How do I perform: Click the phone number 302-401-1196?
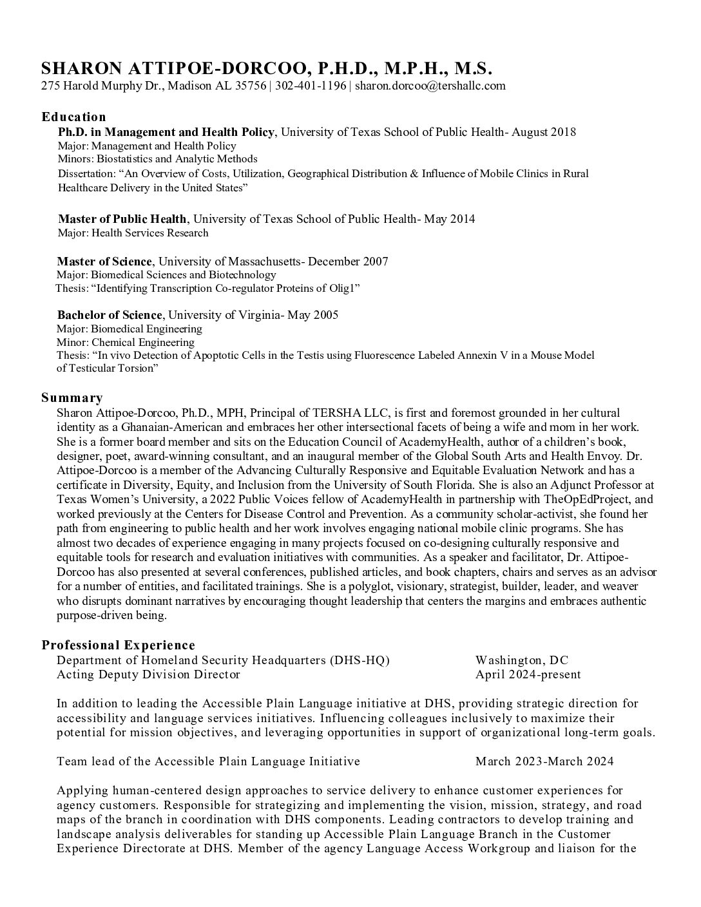[x=310, y=86]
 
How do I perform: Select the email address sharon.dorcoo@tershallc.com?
[x=430, y=86]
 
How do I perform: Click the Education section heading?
[x=73, y=117]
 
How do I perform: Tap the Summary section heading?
[x=72, y=397]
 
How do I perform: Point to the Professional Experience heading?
[x=118, y=645]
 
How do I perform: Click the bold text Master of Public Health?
[x=122, y=219]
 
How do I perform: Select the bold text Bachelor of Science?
[x=109, y=315]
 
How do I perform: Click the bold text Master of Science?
[x=104, y=261]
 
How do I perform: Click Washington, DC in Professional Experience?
[x=522, y=660]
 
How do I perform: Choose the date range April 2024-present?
[x=528, y=674]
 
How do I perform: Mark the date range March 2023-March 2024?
[x=544, y=761]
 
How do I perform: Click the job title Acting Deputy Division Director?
[x=148, y=674]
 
